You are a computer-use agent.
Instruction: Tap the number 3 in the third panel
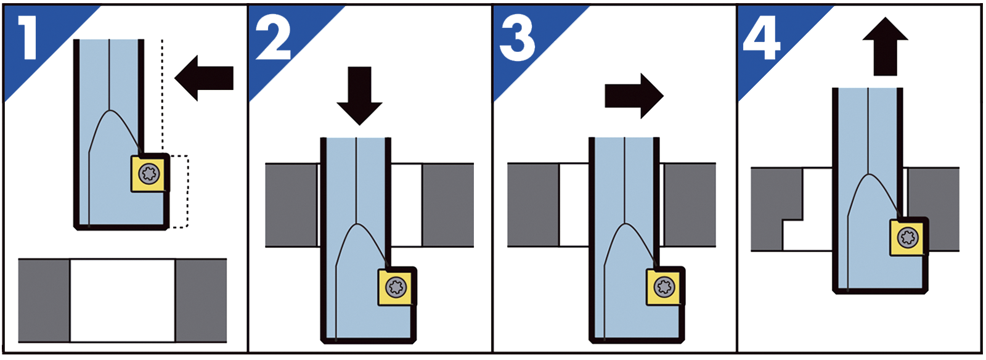pyautogui.click(x=518, y=39)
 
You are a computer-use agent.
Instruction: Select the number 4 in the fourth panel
pyautogui.click(x=762, y=39)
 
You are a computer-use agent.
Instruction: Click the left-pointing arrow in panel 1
pyautogui.click(x=204, y=78)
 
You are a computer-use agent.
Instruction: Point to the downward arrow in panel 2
pyautogui.click(x=360, y=96)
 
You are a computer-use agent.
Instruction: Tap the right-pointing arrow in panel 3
pyautogui.click(x=634, y=96)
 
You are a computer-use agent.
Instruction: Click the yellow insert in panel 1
pyautogui.click(x=149, y=173)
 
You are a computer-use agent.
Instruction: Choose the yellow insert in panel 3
pyautogui.click(x=664, y=287)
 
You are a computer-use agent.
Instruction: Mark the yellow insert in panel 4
pyautogui.click(x=908, y=238)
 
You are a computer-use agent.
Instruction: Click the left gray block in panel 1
pyautogui.click(x=44, y=301)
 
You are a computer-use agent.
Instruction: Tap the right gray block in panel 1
pyautogui.click(x=201, y=301)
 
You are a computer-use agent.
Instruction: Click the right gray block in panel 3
pyautogui.click(x=690, y=205)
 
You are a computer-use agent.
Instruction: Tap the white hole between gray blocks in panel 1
pyautogui.click(x=123, y=301)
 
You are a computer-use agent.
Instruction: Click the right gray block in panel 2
pyautogui.click(x=448, y=205)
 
